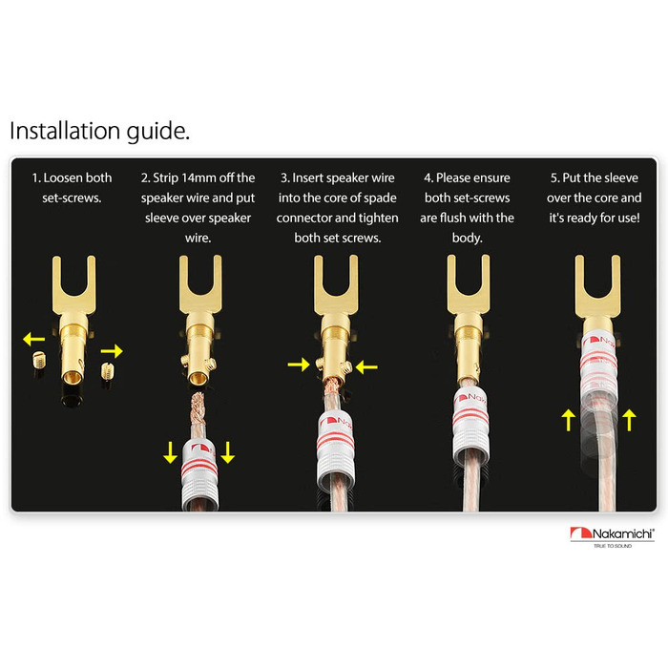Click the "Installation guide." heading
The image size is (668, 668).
[99, 132]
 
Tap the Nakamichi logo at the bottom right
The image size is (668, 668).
[612, 537]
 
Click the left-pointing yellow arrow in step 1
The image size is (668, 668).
[33, 339]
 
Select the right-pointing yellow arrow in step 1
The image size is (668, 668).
[112, 351]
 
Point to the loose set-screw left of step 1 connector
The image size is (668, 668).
[39, 362]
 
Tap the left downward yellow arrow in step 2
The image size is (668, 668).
[171, 452]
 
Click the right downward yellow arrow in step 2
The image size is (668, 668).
[228, 452]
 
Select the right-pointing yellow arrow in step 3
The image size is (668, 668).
[299, 365]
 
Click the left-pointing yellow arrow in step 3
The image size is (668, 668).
[366, 366]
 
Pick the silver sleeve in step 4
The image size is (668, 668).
[470, 425]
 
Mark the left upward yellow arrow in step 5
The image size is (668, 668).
[569, 420]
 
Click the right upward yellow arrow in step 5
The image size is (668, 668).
[629, 420]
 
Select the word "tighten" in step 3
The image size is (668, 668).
[378, 219]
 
